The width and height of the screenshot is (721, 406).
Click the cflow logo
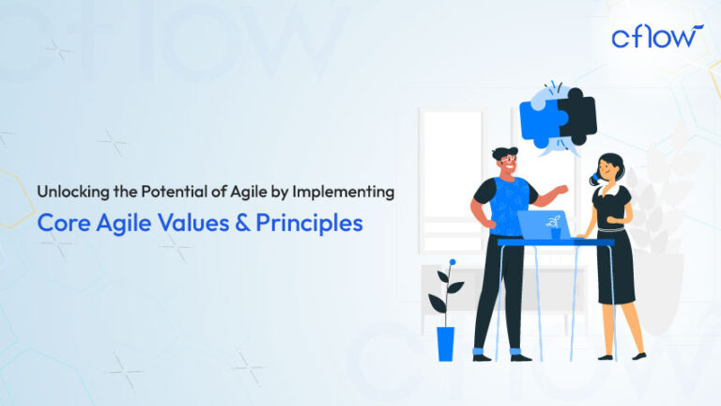pos(656,37)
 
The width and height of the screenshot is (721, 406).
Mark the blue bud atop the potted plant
pos(453,262)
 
